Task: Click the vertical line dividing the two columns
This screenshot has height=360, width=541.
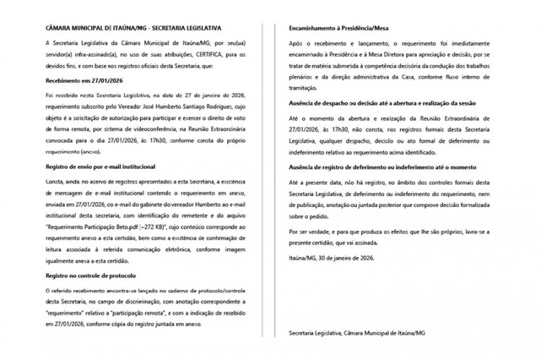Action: [x=270, y=180]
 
